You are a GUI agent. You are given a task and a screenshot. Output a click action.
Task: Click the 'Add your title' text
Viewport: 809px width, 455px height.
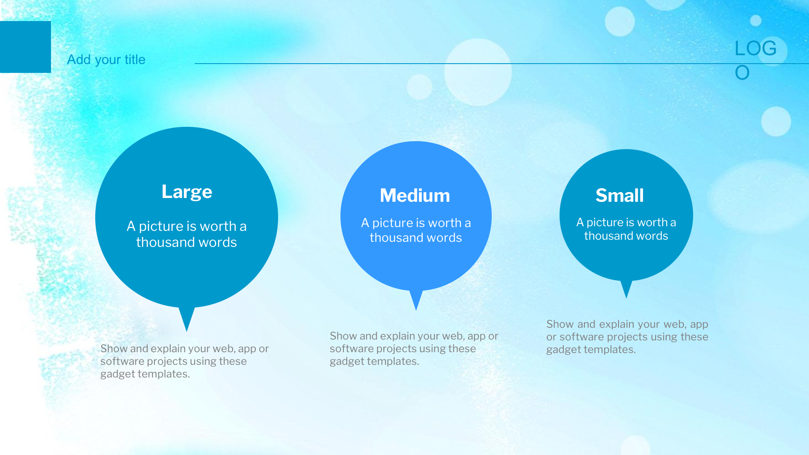pyautogui.click(x=106, y=60)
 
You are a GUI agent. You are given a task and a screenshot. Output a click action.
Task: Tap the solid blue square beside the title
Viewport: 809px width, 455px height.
pyautogui.click(x=25, y=47)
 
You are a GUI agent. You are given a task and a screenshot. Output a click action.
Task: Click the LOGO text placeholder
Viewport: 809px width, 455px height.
pyautogui.click(x=755, y=60)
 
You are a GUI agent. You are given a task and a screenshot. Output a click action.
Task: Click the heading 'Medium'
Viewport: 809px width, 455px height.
pyautogui.click(x=415, y=195)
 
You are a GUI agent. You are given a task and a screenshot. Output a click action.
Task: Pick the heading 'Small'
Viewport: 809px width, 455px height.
pyautogui.click(x=620, y=195)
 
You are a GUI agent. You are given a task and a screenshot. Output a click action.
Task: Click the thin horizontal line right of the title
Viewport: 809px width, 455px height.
pyautogui.click(x=502, y=64)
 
